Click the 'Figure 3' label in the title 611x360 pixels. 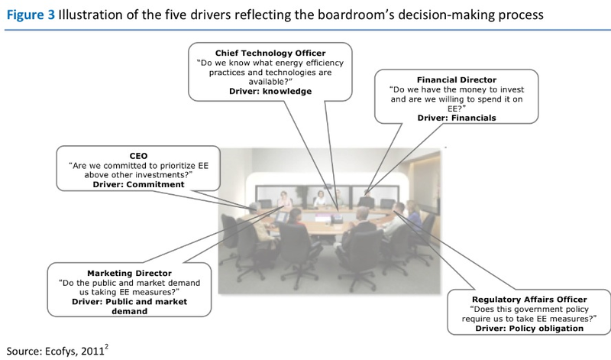[x=30, y=13]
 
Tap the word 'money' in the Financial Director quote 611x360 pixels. [x=451, y=89]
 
